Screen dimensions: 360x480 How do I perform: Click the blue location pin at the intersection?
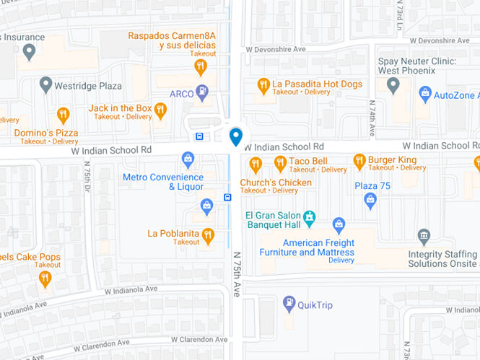click(x=235, y=136)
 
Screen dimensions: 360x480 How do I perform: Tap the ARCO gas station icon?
click(x=203, y=92)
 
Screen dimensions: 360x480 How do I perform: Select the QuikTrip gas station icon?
click(x=289, y=304)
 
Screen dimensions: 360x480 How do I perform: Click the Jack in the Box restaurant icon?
click(x=160, y=110)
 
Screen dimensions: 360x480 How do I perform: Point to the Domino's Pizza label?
click(x=46, y=133)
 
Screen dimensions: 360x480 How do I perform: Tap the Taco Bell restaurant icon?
click(x=280, y=162)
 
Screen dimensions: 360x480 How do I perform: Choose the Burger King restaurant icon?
click(x=359, y=162)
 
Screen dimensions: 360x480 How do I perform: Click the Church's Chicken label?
click(x=276, y=183)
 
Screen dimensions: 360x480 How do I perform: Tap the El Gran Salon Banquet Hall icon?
click(x=310, y=216)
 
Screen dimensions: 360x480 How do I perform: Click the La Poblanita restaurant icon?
click(x=208, y=234)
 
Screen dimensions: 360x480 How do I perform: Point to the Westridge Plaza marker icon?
click(x=45, y=85)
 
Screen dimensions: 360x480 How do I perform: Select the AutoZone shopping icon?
click(x=425, y=94)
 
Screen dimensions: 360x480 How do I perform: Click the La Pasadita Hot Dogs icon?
click(x=263, y=85)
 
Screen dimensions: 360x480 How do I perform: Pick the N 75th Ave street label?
click(x=236, y=274)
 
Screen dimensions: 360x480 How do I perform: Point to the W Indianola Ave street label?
click(x=131, y=290)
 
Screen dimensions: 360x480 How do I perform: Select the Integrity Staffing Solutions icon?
click(x=424, y=236)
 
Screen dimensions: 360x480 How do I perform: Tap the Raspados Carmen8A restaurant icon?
click(x=201, y=67)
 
